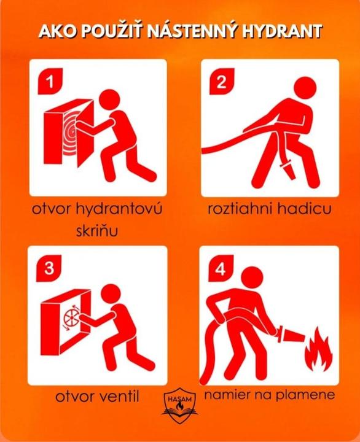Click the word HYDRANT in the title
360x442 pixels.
283,31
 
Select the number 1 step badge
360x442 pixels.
50,82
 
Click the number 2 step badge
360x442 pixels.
222,82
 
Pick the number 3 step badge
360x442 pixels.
49,268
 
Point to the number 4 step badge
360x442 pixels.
221,268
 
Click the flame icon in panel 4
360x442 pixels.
318,349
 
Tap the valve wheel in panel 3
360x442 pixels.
71,319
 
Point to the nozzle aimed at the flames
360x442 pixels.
291,335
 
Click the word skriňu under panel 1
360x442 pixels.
97,231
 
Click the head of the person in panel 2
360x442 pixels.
305,88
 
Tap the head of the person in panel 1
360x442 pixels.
112,101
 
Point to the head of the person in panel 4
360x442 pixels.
252,278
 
